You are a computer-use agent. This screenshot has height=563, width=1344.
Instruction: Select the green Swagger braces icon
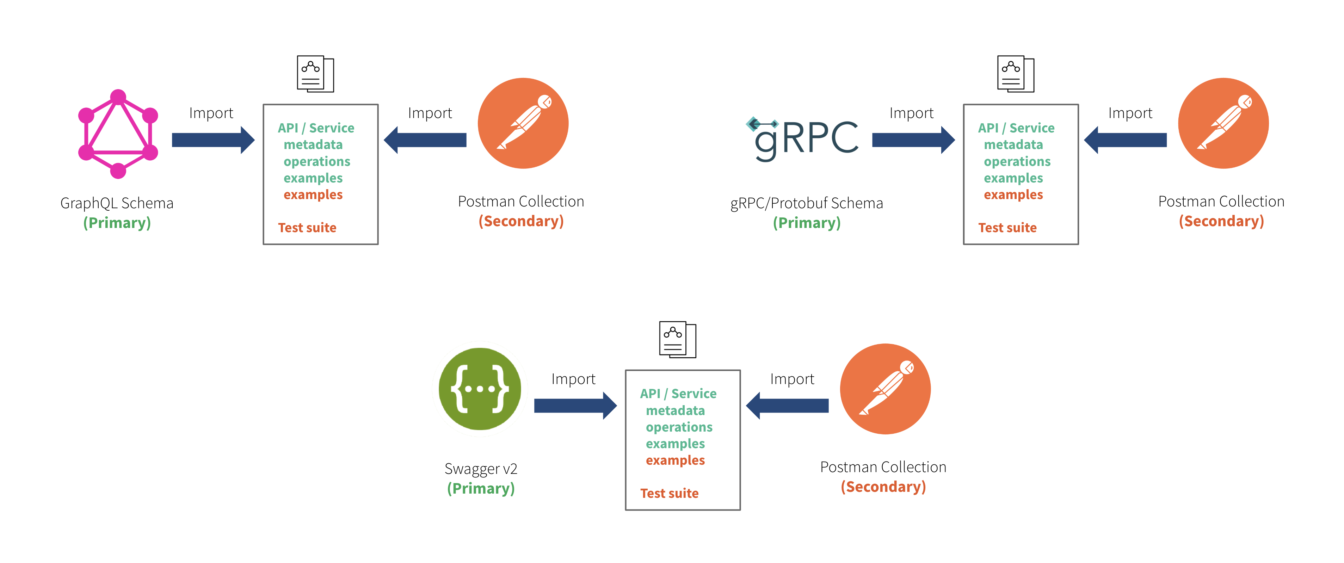pyautogui.click(x=480, y=389)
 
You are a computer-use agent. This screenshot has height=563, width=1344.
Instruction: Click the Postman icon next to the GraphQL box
pyautogui.click(x=523, y=124)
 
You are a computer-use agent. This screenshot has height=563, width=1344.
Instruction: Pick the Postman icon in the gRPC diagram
pyautogui.click(x=1223, y=124)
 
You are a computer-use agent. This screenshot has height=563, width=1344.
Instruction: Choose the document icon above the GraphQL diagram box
pyautogui.click(x=315, y=74)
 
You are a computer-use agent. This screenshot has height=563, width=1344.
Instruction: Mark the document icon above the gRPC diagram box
pyautogui.click(x=1015, y=74)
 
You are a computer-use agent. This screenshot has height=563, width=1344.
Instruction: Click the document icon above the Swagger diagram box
pyautogui.click(x=677, y=340)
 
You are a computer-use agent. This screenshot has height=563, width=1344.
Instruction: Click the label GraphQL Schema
pyautogui.click(x=117, y=203)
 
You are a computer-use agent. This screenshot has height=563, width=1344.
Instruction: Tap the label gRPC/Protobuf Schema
pyautogui.click(x=806, y=203)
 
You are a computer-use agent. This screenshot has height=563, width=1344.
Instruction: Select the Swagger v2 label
pyautogui.click(x=481, y=469)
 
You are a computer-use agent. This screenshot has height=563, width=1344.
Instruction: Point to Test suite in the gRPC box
pyautogui.click(x=1007, y=228)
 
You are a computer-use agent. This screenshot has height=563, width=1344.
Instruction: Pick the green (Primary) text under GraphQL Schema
pyautogui.click(x=117, y=223)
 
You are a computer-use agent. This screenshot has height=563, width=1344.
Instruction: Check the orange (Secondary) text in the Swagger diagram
pyautogui.click(x=883, y=487)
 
